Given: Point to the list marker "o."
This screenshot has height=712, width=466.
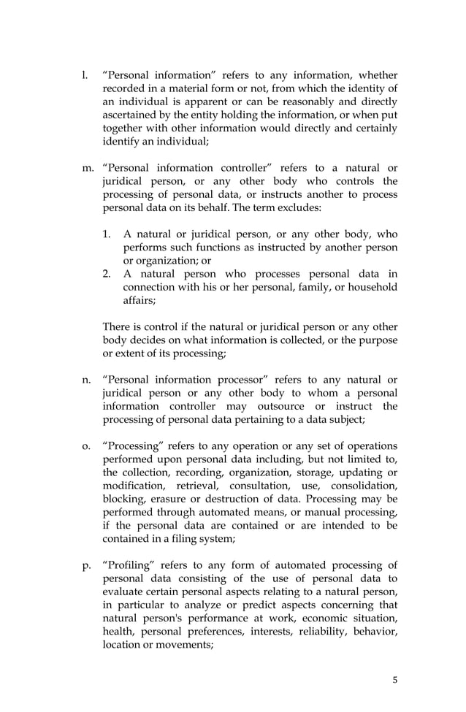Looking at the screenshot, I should point(85,446).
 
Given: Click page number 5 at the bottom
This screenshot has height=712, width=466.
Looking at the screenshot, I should point(395,681).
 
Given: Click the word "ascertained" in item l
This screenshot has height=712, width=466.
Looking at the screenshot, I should point(130,115).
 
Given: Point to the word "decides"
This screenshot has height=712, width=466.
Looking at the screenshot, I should point(154,340).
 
